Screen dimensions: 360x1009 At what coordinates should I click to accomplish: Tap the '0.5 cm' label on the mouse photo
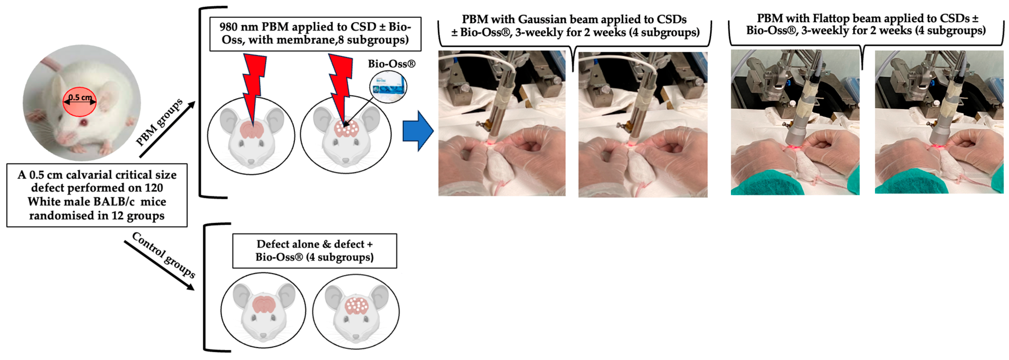[x=80, y=97]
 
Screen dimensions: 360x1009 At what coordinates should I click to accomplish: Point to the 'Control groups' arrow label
[x=164, y=255]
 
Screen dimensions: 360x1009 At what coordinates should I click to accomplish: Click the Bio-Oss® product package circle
[x=388, y=86]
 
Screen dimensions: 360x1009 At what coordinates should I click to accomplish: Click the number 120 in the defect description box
[x=153, y=188]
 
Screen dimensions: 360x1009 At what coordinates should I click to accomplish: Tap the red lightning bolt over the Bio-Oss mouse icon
[x=339, y=86]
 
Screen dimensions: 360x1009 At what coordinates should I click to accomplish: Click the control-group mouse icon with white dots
[x=356, y=311]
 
